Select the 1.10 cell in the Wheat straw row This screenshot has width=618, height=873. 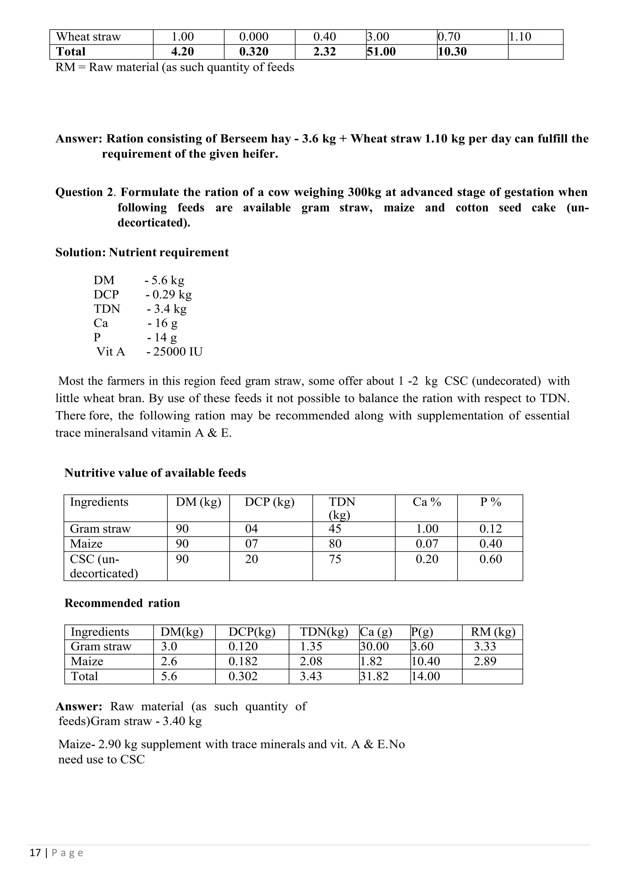520,37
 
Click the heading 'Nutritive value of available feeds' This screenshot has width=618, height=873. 155,473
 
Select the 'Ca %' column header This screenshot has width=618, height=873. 427,502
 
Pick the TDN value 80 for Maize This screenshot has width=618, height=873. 335,544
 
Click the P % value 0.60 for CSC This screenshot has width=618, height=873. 491,559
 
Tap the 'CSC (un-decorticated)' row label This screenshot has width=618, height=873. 104,566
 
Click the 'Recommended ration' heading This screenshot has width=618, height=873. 122,603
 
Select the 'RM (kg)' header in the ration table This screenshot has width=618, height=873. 493,632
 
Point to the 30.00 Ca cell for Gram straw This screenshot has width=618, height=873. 374,646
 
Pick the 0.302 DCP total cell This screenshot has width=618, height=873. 243,676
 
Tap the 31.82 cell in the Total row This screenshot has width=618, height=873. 374,676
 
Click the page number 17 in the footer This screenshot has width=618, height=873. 35,853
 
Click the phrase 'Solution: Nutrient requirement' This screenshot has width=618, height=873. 142,253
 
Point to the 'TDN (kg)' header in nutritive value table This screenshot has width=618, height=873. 342,508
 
